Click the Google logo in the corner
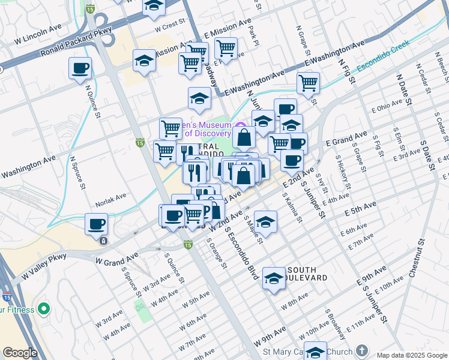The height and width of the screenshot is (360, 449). pos(19,353)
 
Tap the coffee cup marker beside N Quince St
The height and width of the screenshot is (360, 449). pos(80,68)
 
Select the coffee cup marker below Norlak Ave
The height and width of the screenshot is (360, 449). pos(96,224)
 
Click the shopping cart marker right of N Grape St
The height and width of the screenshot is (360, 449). pos(308,83)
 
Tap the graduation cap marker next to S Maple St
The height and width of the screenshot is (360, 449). pos(265,221)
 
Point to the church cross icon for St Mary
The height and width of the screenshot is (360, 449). pos(362,350)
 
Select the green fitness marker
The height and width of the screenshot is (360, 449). pos(43,309)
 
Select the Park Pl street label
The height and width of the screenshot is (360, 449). pos(256,35)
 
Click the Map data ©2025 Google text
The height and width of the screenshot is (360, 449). pos(411,355)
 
